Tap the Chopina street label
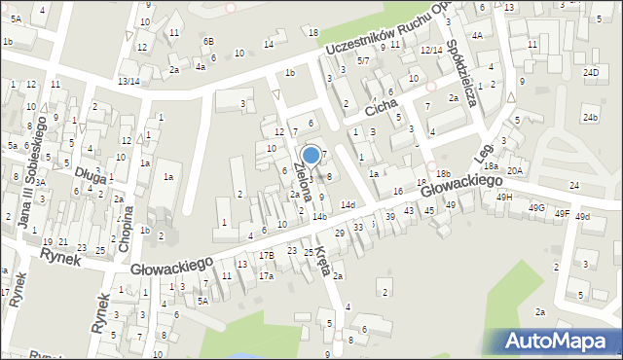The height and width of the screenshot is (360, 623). (126, 231)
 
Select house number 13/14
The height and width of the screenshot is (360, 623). (128, 81)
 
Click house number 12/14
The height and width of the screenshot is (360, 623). (431, 50)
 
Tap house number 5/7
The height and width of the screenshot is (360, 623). (363, 60)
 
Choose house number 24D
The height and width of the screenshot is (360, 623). (590, 73)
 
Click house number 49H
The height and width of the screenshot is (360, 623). (503, 197)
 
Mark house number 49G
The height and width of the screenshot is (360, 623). (536, 207)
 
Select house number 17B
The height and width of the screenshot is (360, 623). (266, 255)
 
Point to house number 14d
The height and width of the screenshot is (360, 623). (348, 205)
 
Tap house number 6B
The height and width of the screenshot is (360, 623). (207, 41)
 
